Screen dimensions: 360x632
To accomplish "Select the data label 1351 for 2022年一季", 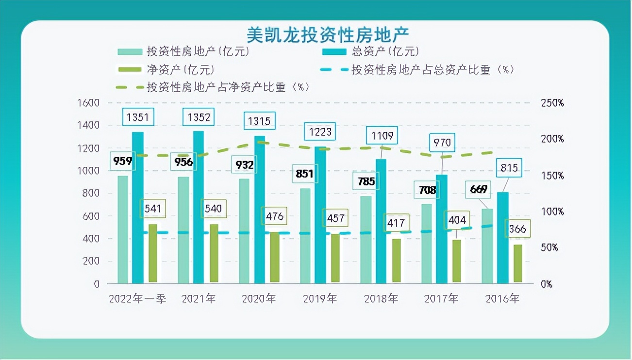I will coord(138,117).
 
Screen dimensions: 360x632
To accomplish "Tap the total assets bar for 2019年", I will coord(320,213).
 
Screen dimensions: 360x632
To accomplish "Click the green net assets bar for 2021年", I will coord(214,254).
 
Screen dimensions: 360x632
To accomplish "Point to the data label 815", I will coord(509,168).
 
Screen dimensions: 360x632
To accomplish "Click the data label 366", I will coord(518,229).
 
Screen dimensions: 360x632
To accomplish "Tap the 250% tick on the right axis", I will coord(552,103).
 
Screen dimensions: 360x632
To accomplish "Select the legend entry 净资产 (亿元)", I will coord(180,69).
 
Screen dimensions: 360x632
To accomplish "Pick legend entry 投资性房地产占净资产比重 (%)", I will coord(228,87).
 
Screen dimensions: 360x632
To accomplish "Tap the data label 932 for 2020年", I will coord(245,165).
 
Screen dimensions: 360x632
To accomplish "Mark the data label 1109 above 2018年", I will coord(382,135).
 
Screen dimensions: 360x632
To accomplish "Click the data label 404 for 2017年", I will coord(457,219).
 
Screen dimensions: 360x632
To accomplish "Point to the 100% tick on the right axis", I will coord(552,212).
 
